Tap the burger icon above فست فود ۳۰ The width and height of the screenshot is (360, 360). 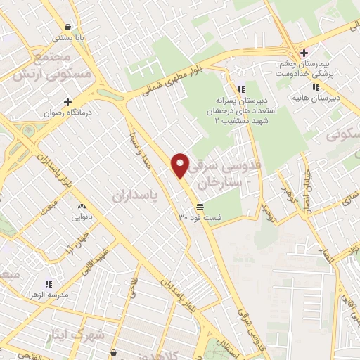pyautogui.click(x=200, y=207)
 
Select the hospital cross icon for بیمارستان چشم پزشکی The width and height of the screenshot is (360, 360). pyautogui.click(x=303, y=53)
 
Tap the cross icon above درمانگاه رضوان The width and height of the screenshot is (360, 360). pyautogui.click(x=67, y=101)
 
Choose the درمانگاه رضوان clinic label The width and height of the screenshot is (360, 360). pyautogui.click(x=67, y=112)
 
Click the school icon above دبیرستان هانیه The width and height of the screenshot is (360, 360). pyautogui.click(x=317, y=87)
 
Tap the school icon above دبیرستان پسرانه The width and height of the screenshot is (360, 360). pyautogui.click(x=241, y=89)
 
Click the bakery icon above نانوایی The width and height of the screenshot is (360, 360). pyautogui.click(x=82, y=207)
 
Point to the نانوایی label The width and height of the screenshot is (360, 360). pyautogui.click(x=82, y=217)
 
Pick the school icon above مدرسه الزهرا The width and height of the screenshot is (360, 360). pyautogui.click(x=49, y=284)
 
